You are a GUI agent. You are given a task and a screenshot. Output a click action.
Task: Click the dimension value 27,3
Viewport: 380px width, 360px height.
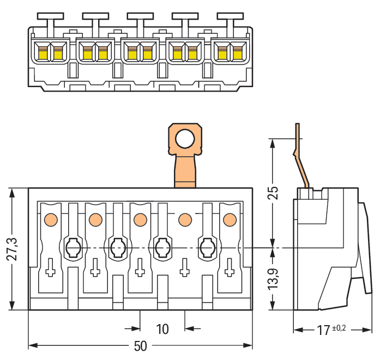tap(11, 249)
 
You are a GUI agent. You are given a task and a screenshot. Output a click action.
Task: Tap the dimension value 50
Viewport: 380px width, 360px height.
tap(141, 347)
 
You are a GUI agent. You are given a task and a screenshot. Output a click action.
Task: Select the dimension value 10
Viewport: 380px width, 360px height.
tap(162, 330)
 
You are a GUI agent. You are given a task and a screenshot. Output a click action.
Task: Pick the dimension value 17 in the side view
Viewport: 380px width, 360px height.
tap(323, 330)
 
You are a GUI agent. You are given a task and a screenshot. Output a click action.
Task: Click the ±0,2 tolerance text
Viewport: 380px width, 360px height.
tap(339, 328)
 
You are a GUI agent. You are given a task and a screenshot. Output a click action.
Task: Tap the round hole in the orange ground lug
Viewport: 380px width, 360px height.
tap(185, 139)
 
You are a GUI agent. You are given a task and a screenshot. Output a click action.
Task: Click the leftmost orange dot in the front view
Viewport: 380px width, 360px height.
tap(51, 219)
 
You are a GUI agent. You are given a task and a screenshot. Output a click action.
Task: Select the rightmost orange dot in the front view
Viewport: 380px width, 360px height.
tap(230, 219)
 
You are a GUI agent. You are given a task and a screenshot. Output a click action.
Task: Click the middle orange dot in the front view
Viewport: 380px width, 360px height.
tap(140, 219)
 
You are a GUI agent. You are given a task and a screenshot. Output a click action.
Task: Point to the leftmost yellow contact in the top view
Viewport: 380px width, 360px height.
tap(41, 53)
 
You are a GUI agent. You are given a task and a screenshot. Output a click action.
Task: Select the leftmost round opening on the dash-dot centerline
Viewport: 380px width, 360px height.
tap(73, 248)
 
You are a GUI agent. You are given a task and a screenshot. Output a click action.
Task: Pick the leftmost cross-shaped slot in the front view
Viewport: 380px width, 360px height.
tap(51, 269)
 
